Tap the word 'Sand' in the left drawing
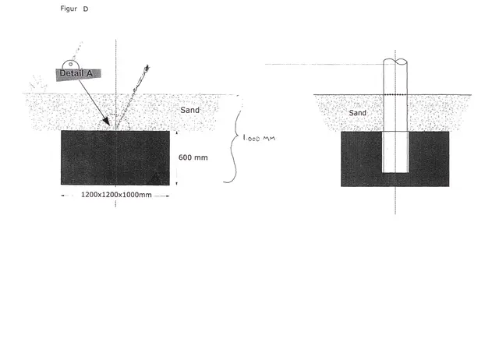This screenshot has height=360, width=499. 190,110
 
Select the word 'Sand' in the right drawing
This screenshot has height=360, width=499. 358,113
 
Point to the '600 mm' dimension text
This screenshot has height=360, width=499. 193,157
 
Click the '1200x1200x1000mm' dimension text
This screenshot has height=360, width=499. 117,195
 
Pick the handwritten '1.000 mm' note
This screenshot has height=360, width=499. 259,139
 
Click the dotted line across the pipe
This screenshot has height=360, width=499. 395,94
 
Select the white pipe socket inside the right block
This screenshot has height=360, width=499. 395,151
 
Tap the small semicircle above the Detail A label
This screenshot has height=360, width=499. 71,62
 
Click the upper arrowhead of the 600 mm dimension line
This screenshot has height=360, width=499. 177,132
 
